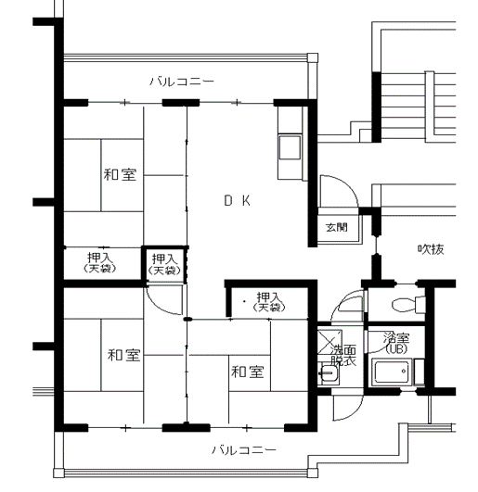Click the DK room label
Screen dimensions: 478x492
point(238,200)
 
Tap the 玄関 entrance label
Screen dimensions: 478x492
point(337,227)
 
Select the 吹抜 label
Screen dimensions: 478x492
point(431,249)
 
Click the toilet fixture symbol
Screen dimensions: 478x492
point(405,304)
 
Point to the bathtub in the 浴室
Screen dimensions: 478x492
point(392,372)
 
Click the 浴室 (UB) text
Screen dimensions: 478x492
point(396,343)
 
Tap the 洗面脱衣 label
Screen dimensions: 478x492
point(343,356)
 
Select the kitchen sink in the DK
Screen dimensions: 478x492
point(290,147)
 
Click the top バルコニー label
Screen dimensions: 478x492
point(181,82)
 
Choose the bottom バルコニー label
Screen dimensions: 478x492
point(244,450)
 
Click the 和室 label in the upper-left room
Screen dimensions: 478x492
point(120,174)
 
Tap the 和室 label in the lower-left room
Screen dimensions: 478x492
point(123,355)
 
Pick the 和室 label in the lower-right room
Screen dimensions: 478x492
point(247,372)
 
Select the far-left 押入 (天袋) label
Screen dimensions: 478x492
point(100,262)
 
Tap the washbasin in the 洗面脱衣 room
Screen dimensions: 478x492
point(328,373)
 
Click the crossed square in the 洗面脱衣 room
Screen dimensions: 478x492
point(329,341)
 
